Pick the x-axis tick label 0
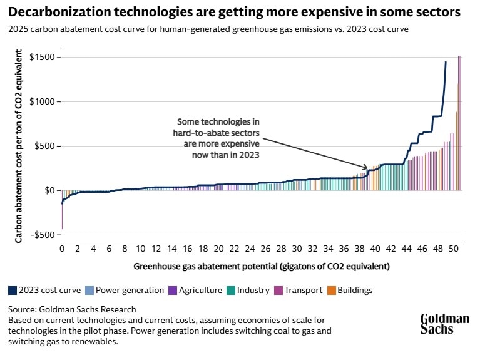61,248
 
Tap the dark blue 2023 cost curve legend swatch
13,290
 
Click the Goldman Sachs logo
444,323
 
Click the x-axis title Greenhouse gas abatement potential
261,266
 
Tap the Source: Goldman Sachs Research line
72,309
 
